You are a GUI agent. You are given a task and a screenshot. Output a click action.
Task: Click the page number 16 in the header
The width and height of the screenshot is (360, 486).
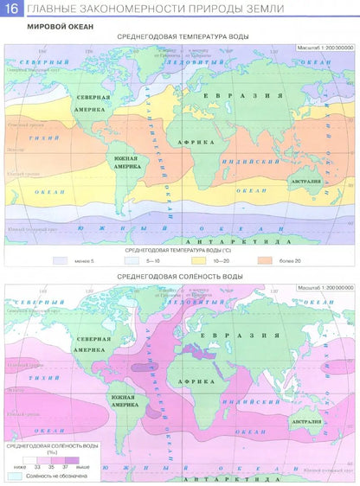[12, 10]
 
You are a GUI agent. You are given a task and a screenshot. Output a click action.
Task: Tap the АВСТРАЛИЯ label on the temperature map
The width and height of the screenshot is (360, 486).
[305, 182]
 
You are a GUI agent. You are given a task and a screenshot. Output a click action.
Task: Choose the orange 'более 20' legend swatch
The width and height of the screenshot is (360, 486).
[264, 259]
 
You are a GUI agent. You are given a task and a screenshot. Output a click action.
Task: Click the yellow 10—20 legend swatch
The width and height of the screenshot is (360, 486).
[198, 259]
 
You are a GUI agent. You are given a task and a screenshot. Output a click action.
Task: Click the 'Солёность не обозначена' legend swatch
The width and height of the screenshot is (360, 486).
[15, 476]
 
